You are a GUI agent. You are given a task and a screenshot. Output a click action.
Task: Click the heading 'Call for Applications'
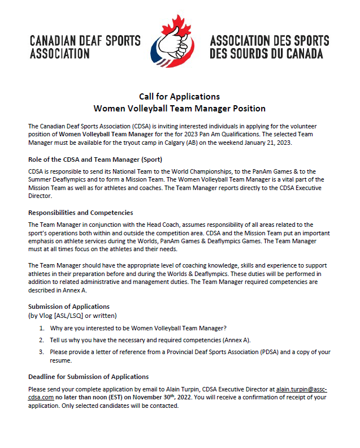click(x=179, y=96)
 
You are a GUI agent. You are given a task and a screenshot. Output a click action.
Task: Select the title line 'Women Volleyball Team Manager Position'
click(x=179, y=108)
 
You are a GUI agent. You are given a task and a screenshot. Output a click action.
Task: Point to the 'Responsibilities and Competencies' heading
click(x=80, y=213)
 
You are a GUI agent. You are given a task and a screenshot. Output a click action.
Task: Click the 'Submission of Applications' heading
click(x=69, y=307)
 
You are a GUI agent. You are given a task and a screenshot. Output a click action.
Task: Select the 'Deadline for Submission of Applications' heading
click(x=88, y=376)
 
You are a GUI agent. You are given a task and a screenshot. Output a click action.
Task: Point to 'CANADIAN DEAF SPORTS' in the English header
click(x=85, y=41)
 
